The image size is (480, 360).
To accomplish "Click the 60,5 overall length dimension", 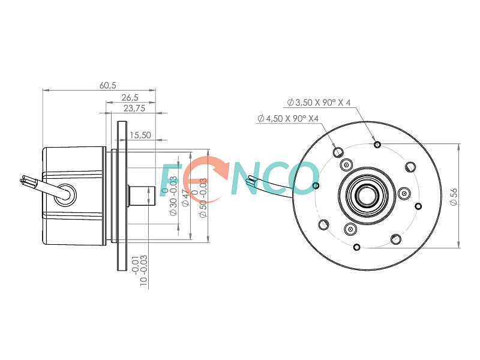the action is pyautogui.click(x=108, y=85).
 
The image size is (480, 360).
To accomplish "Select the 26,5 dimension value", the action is pyautogui.click(x=130, y=98).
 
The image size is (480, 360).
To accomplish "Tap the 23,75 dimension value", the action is pyautogui.click(x=134, y=109).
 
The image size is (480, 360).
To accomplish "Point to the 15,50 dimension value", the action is pyautogui.click(x=140, y=135).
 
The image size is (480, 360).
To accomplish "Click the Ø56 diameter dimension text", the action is pyautogui.click(x=454, y=197).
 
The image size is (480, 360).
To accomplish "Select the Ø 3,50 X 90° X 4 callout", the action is pyautogui.click(x=319, y=102).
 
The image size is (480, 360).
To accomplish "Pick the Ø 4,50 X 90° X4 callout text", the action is pyautogui.click(x=288, y=118).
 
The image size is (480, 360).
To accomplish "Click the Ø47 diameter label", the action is pyautogui.click(x=186, y=198).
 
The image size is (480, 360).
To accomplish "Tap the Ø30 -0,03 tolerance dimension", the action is pyautogui.click(x=170, y=196).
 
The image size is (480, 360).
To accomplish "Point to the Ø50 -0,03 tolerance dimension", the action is pyautogui.click(x=200, y=198).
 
